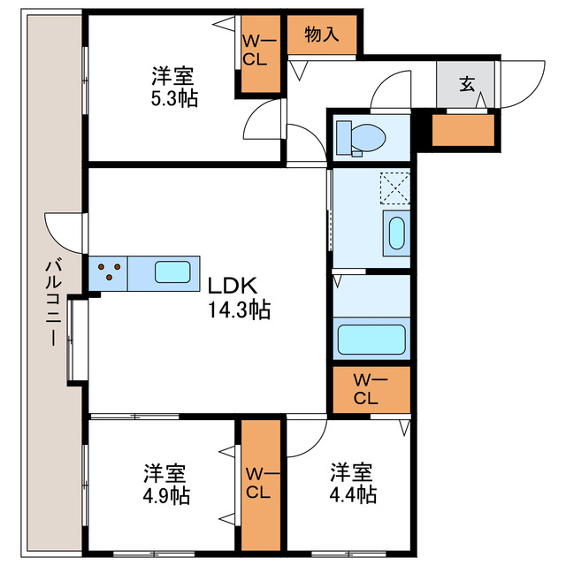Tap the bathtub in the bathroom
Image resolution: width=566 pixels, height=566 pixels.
click(x=371, y=339)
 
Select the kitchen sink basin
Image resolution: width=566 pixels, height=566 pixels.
click(x=173, y=272)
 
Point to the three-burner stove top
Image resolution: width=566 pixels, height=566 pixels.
click(x=109, y=272)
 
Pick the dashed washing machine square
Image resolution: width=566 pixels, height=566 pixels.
click(x=394, y=188)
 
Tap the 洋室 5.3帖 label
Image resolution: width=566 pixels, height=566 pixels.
click(x=172, y=87)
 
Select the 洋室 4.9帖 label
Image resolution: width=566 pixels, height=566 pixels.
click(x=166, y=483)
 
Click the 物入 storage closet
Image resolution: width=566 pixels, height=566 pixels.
click(x=322, y=35)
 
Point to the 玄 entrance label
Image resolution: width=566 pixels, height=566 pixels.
click(x=465, y=85)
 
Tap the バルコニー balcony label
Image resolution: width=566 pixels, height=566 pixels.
click(x=52, y=301)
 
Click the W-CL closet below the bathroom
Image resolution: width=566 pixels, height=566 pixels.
click(x=371, y=389)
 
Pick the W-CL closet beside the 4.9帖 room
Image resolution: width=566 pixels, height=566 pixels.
click(x=260, y=484)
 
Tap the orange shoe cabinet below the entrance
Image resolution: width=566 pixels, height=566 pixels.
click(x=463, y=130)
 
